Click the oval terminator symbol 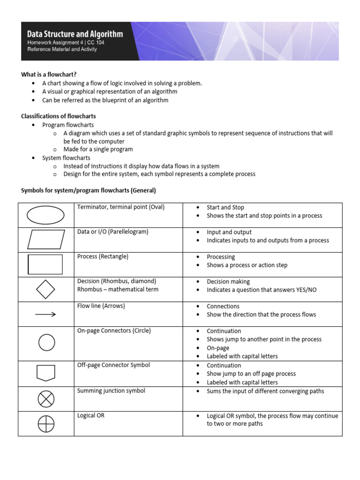point(45,216)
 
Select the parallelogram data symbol point(45,240)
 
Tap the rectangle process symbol point(45,264)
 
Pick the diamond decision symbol point(45,289)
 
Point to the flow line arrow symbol point(45,315)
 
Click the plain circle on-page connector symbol point(46,342)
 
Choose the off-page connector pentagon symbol point(45,373)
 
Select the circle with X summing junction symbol point(45,399)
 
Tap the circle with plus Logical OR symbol point(45,424)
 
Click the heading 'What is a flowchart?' point(49,75)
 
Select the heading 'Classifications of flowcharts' point(59,116)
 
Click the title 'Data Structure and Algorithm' point(75,34)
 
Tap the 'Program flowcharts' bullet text point(68,125)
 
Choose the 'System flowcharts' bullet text point(66,158)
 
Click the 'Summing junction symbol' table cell point(111,391)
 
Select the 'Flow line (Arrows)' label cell point(101,306)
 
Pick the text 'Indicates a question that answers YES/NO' point(262,290)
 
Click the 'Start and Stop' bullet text point(225,207)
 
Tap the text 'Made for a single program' point(98,150)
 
